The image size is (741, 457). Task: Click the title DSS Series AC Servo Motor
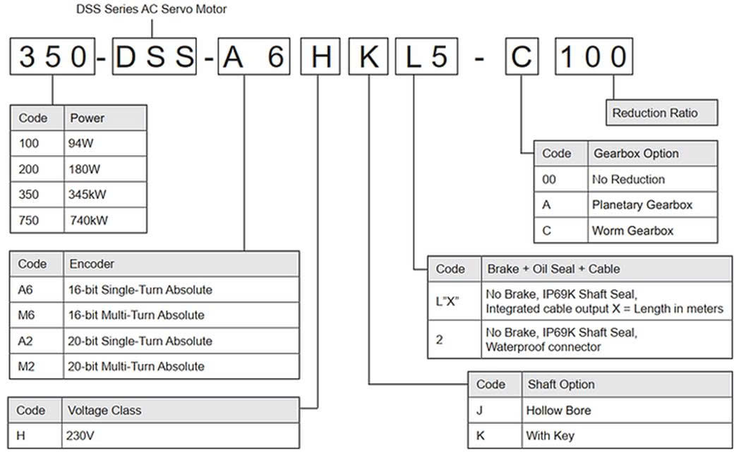(x=151, y=9)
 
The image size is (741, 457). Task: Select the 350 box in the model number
(x=52, y=56)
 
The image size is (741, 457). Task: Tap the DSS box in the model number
(x=155, y=56)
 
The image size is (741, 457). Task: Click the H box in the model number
(x=321, y=56)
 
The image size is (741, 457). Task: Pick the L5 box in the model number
(x=427, y=56)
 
